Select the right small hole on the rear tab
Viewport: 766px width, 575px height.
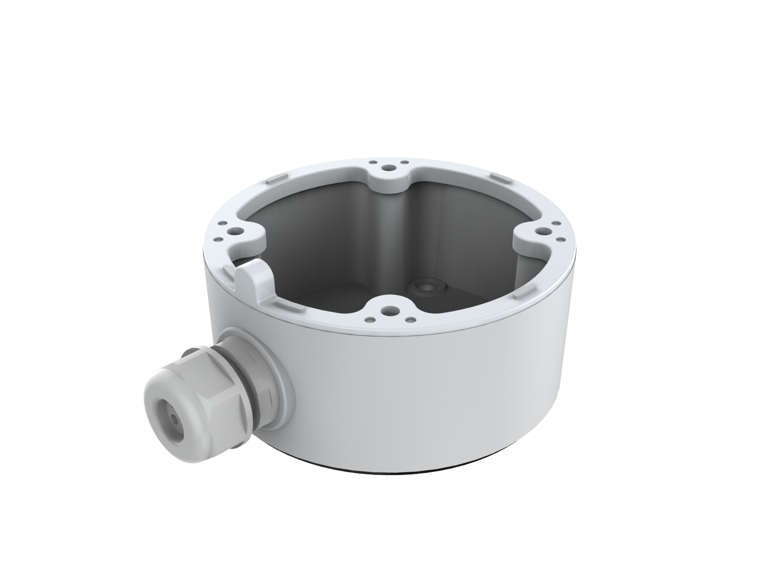tap(405, 163)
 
